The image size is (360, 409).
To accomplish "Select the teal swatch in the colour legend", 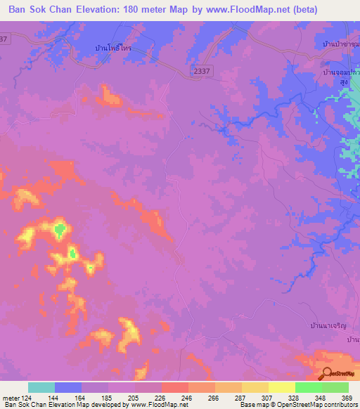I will click(41, 387).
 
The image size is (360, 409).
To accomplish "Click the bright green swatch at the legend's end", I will click(335, 387).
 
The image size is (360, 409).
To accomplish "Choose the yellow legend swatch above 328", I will click(281, 387).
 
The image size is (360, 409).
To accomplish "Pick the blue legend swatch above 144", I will click(68, 387).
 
